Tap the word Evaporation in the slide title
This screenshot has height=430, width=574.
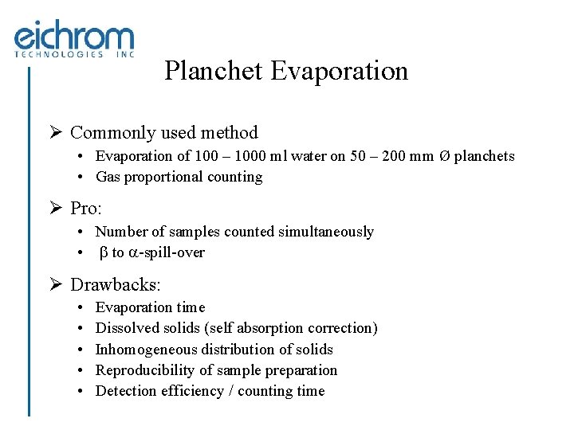(x=339, y=71)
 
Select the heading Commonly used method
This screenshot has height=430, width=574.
(x=164, y=132)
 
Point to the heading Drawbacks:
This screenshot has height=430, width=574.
(x=116, y=284)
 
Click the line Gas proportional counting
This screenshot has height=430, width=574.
(x=179, y=177)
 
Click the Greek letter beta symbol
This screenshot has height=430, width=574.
(x=103, y=253)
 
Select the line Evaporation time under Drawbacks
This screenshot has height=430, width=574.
(x=150, y=307)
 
